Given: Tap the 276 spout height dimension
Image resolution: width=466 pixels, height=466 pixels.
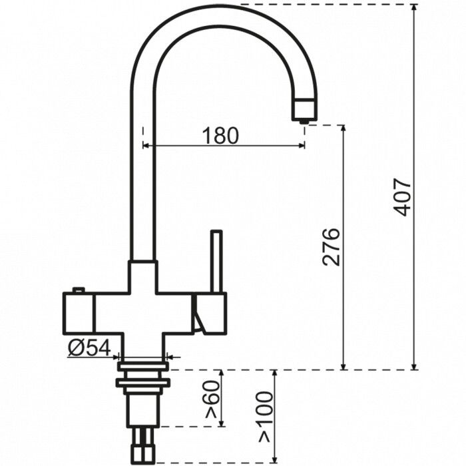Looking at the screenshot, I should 331,247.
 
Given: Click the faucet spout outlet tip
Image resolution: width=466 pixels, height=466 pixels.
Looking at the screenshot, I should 304,120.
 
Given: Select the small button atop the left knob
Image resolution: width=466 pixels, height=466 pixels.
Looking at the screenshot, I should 79,290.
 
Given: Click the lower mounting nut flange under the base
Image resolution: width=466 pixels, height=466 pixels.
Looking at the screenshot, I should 142,382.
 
